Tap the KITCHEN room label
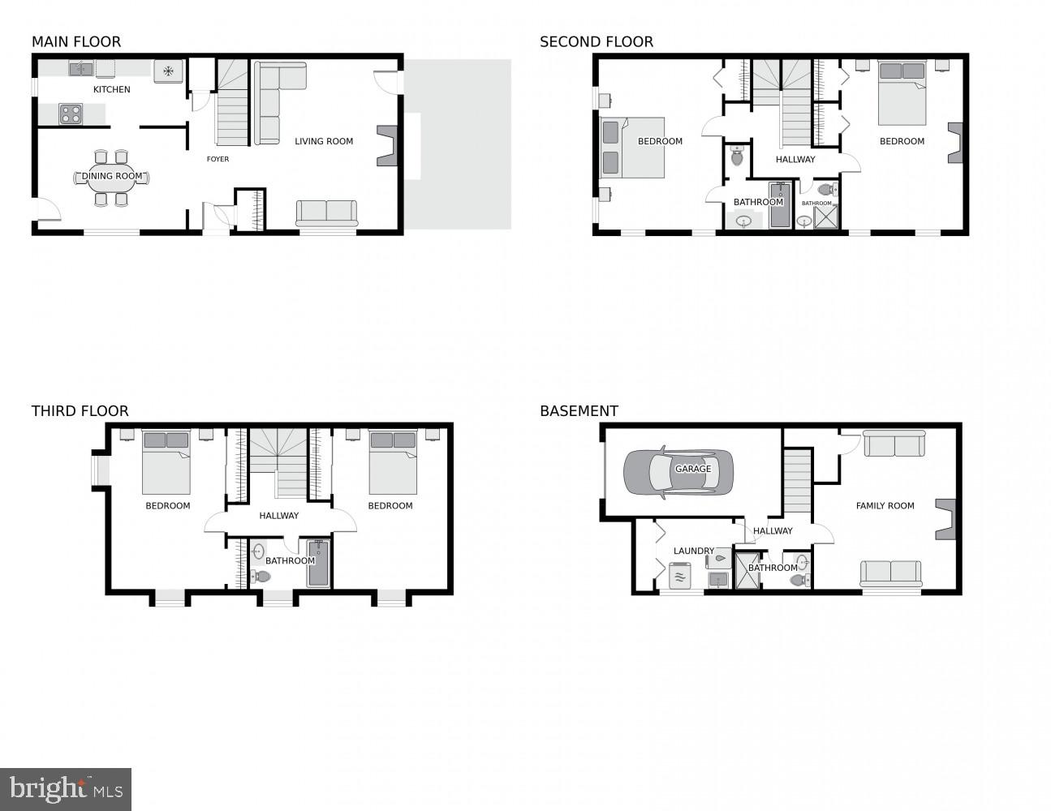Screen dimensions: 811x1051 point(112,89)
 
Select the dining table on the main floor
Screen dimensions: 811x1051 point(112,178)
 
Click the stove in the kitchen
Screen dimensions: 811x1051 point(71,114)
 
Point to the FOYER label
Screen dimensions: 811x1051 point(218,159)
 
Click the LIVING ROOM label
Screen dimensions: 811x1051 point(324,141)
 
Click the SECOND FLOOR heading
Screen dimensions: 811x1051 point(596,42)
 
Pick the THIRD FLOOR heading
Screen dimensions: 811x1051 point(80,411)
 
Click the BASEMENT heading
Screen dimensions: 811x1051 point(579,411)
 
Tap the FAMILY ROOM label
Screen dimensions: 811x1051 point(885,505)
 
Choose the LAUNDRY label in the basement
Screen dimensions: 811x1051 point(693,551)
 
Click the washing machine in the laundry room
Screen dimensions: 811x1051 point(678,577)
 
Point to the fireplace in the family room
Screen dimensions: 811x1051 point(945,519)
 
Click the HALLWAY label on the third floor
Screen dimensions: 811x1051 point(278,516)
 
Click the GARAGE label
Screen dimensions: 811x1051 point(693,469)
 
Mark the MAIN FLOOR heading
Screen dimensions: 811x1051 point(75,42)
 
